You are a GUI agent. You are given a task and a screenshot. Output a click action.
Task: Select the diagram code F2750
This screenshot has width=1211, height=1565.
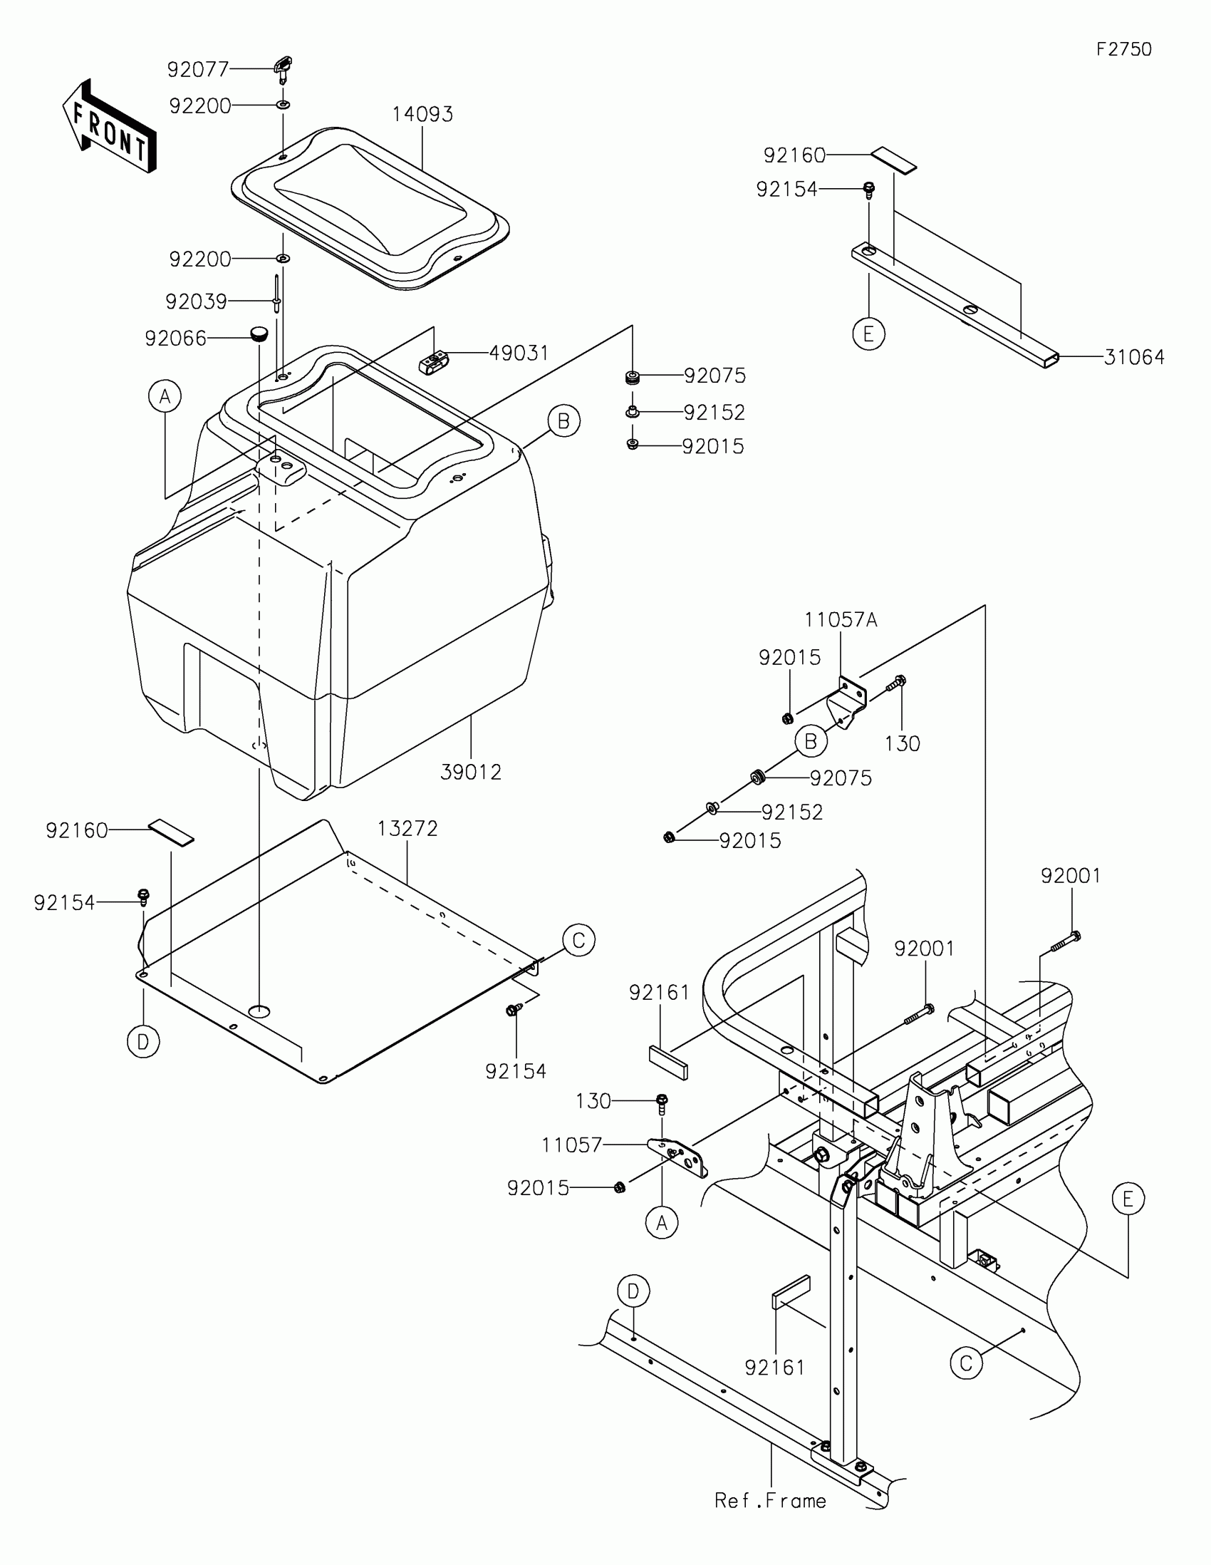1123,49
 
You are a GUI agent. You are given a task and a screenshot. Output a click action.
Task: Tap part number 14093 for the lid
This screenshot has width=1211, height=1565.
422,115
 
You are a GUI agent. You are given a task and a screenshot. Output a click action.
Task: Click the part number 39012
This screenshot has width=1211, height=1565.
470,773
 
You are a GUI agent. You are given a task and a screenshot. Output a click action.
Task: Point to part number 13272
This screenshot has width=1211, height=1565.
407,828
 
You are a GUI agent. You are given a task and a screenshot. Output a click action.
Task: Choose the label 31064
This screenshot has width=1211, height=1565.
1133,357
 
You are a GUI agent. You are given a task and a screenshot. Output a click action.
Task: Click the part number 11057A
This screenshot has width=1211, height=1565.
840,620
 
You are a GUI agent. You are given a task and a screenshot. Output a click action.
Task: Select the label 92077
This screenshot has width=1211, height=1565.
197,70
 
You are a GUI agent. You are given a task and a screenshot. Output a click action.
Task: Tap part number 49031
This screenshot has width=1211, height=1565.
519,353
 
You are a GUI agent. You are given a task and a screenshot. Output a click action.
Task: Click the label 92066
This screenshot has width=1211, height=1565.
175,339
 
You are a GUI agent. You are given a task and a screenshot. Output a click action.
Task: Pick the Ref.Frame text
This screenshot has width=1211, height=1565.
770,1502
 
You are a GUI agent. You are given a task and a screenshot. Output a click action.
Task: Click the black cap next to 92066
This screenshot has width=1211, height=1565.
259,334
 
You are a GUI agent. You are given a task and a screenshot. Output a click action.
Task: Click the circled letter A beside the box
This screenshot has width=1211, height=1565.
165,396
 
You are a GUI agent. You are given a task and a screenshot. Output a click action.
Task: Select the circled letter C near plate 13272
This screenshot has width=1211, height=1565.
578,940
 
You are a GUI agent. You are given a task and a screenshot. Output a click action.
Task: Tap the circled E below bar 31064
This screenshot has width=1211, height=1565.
868,334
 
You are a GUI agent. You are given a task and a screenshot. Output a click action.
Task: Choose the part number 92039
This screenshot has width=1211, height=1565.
195,301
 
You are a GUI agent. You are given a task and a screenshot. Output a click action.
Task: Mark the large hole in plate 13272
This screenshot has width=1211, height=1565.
259,1011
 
